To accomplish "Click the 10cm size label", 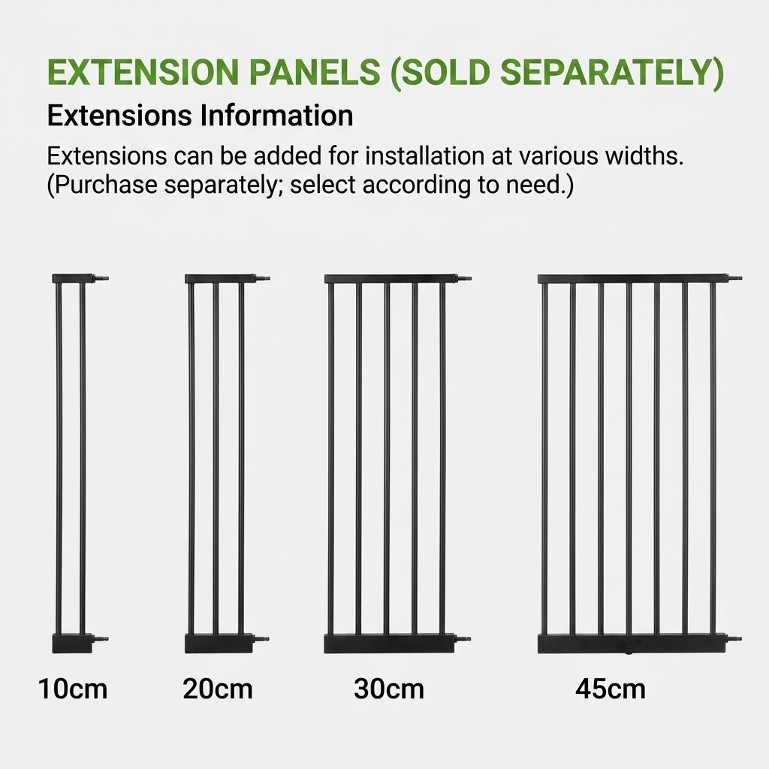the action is pyautogui.click(x=73, y=689).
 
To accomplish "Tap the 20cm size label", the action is pyautogui.click(x=218, y=689).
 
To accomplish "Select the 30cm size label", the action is pyautogui.click(x=389, y=689).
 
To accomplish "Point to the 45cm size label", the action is pyautogui.click(x=611, y=689).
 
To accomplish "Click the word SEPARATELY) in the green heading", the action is pyautogui.click(x=611, y=73).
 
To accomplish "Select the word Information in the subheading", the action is pyautogui.click(x=276, y=116).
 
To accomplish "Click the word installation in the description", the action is pyautogui.click(x=425, y=156).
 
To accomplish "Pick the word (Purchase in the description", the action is pyautogui.click(x=102, y=185).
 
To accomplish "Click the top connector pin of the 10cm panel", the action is pyautogui.click(x=101, y=279).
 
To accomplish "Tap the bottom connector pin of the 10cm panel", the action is pyautogui.click(x=100, y=639).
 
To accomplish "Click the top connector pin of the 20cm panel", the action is pyautogui.click(x=262, y=279).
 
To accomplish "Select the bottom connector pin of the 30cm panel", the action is pyautogui.click(x=463, y=639).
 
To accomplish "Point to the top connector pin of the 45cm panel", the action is pyautogui.click(x=734, y=279).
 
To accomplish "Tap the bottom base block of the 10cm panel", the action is pyautogui.click(x=72, y=644).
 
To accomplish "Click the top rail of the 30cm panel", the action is pyautogui.click(x=391, y=279).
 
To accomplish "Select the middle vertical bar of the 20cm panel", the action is pyautogui.click(x=216, y=459).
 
